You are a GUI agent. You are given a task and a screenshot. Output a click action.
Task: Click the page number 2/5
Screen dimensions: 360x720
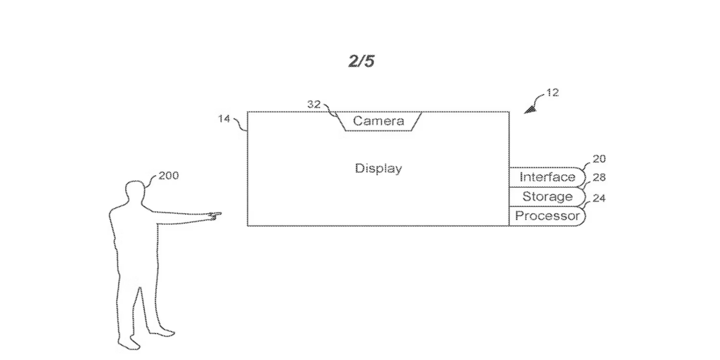pyautogui.click(x=361, y=62)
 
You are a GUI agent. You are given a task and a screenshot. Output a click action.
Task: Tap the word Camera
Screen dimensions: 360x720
pyautogui.click(x=378, y=121)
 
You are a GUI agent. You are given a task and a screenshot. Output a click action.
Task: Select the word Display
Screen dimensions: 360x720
pyautogui.click(x=378, y=169)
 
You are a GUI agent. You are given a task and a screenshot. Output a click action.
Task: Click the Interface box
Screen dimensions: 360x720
pyautogui.click(x=546, y=177)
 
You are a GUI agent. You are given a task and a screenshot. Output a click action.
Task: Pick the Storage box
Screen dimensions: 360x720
pyautogui.click(x=546, y=197)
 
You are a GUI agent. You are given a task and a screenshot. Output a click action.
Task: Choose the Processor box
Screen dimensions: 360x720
pyautogui.click(x=546, y=216)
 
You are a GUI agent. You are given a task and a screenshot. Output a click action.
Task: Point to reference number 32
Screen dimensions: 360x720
pyautogui.click(x=314, y=104)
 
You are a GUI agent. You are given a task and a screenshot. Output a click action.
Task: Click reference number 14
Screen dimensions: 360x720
pyautogui.click(x=224, y=120)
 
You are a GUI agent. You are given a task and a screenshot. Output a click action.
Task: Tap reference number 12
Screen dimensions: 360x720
pyautogui.click(x=553, y=93)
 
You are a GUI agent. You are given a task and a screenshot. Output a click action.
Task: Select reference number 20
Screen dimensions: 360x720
pyautogui.click(x=599, y=159)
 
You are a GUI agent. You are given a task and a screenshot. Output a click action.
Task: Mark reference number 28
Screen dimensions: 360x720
pyautogui.click(x=599, y=179)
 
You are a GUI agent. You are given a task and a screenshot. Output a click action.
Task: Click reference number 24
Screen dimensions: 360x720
pyautogui.click(x=599, y=198)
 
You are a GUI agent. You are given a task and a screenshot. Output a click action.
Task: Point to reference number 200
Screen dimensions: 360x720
pyautogui.click(x=168, y=176)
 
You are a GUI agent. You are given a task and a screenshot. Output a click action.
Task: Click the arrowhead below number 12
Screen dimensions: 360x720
pyautogui.click(x=529, y=108)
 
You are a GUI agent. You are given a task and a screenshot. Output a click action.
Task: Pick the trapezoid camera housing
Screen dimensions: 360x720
pyautogui.click(x=378, y=121)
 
